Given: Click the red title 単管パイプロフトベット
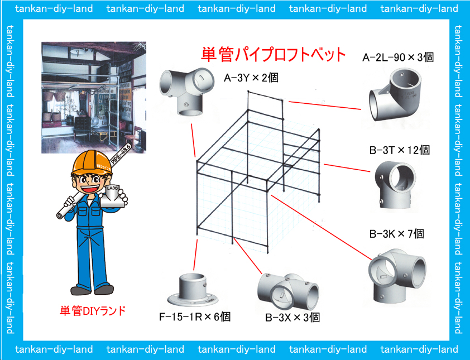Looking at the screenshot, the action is (x=273, y=54).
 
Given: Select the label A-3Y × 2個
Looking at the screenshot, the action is (x=251, y=78).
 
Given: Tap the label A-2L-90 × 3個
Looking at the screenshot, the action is (x=398, y=57).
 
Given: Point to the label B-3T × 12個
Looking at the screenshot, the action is (x=400, y=150).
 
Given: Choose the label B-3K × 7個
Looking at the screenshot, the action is (x=396, y=233).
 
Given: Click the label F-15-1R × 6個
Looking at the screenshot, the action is (x=195, y=316).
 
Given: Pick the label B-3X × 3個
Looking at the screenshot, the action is (x=292, y=317).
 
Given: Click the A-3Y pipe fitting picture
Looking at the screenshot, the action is (x=186, y=92).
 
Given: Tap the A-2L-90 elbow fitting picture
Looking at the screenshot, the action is (x=395, y=94).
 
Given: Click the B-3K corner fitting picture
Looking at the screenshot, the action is (x=397, y=276).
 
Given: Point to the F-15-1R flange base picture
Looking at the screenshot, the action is (x=193, y=290).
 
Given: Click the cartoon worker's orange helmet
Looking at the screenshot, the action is (x=92, y=163).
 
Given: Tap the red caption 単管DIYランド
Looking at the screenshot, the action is (x=93, y=311).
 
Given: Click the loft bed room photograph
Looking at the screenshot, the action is (x=94, y=98).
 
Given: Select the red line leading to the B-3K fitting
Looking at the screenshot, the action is (x=322, y=227).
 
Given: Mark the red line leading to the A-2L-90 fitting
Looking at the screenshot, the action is (x=325, y=105).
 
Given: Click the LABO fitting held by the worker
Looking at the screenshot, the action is (x=112, y=196).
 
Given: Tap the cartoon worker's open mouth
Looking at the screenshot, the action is (x=91, y=189).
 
